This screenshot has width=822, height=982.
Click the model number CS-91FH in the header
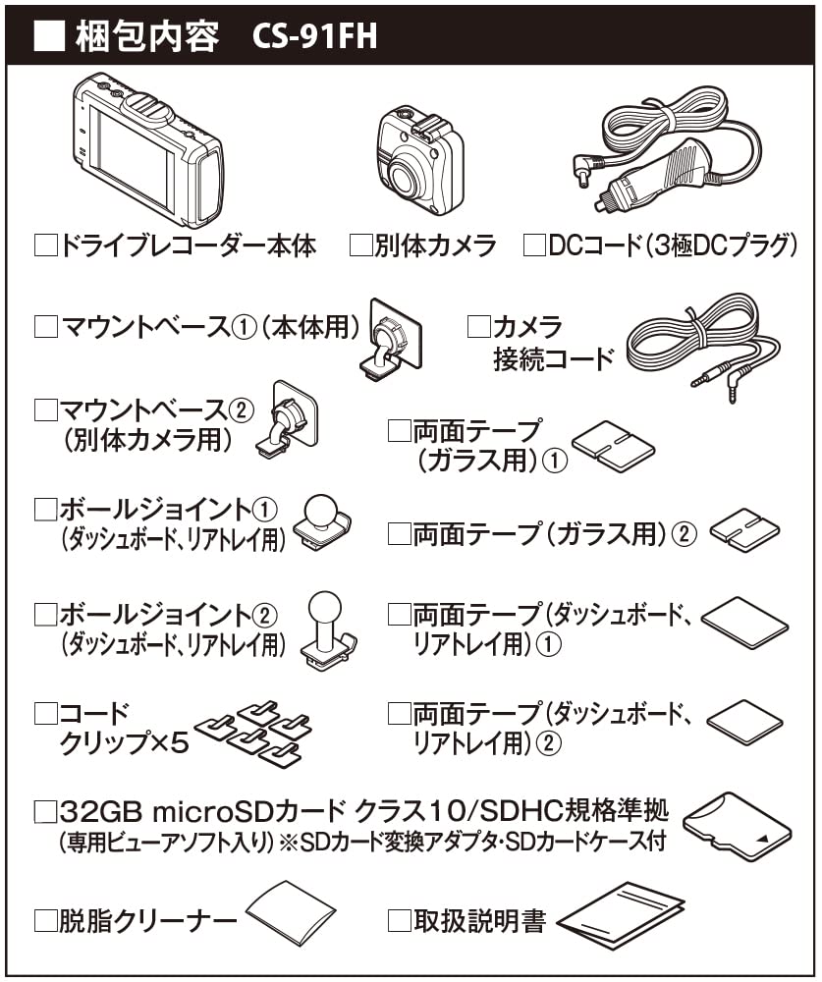click(314, 36)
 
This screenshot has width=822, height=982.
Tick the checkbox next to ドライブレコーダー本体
click(45, 245)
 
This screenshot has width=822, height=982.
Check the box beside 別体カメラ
click(360, 245)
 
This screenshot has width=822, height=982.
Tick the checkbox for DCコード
click(534, 245)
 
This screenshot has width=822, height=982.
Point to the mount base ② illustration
click(289, 417)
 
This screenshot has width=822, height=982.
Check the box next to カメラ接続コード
click(478, 327)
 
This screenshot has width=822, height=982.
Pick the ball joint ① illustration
click(325, 521)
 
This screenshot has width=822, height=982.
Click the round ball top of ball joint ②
click(325, 608)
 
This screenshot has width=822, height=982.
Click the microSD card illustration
click(736, 826)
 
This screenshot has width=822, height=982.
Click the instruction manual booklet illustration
click(621, 916)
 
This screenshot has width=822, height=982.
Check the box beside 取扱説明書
click(399, 920)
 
